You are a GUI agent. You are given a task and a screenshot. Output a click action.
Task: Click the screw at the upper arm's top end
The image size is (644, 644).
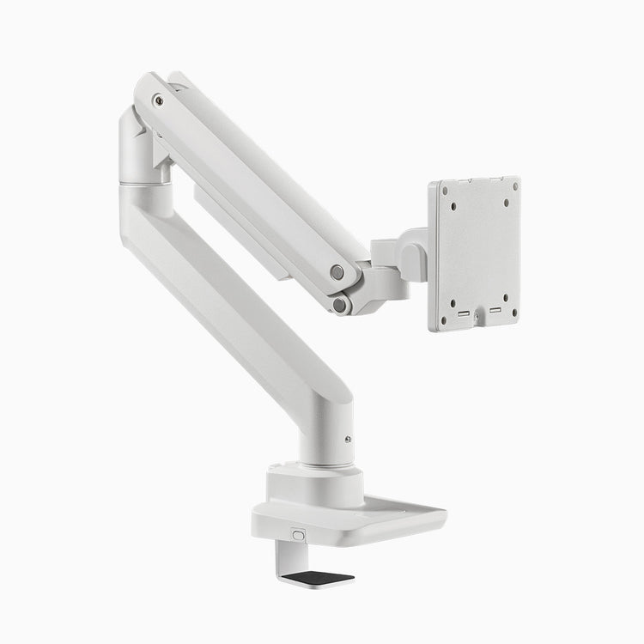click(158, 100)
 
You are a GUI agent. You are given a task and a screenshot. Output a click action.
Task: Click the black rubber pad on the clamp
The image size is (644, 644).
click(319, 577)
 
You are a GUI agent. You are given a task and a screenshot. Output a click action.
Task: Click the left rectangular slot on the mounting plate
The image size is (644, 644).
click(465, 314)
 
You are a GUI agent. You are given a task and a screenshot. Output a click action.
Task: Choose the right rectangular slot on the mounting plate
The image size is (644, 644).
click(496, 310)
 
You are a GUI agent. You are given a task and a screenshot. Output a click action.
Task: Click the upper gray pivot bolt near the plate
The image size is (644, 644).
click(337, 272)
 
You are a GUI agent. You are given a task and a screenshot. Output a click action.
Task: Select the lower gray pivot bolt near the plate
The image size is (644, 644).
click(343, 304)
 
